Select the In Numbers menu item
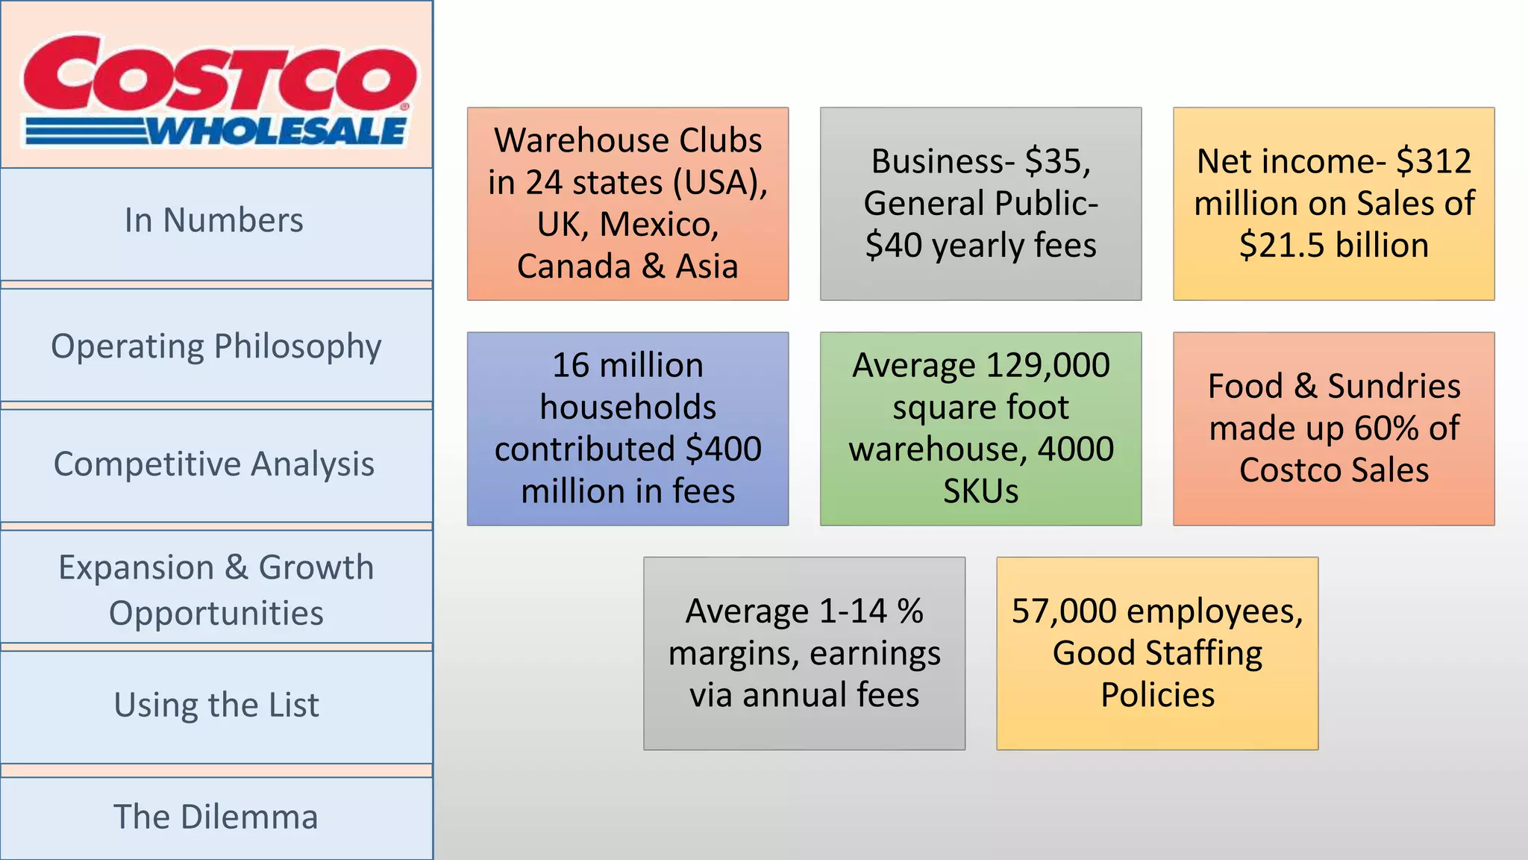pyautogui.click(x=214, y=221)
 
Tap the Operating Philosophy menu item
pyautogui.click(x=216, y=347)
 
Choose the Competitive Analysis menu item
pyautogui.click(x=214, y=464)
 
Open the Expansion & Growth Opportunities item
pyautogui.click(x=216, y=590)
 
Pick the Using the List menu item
pyautogui.click(x=216, y=705)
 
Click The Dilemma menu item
pyautogui.click(x=216, y=817)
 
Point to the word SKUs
pyautogui.click(x=980, y=491)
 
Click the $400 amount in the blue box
pyautogui.click(x=723, y=449)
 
